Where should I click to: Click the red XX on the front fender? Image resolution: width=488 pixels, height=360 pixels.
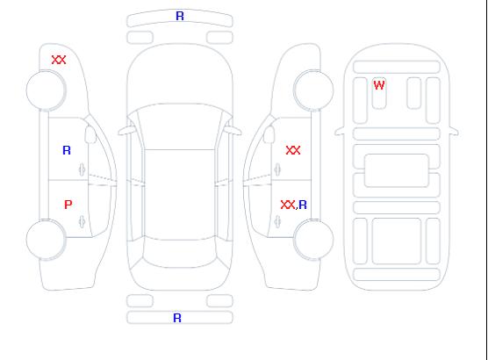click(59, 60)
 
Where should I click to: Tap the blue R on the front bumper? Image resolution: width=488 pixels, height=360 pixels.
click(180, 16)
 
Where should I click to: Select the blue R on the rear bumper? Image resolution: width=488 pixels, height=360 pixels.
click(177, 318)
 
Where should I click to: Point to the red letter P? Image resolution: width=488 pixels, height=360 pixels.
click(68, 205)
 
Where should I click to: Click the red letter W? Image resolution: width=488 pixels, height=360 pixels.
click(379, 85)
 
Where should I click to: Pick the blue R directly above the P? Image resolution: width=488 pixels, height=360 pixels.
click(67, 150)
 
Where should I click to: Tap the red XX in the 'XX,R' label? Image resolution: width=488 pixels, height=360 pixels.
click(288, 205)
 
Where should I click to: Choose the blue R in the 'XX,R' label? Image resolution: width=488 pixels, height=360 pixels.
click(303, 205)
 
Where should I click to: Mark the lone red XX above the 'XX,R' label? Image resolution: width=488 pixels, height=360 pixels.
click(293, 150)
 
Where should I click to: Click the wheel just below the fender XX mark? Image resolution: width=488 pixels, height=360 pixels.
click(46, 90)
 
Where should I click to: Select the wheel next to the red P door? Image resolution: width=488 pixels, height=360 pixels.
click(46, 240)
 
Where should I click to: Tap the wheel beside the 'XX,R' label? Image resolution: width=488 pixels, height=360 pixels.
click(313, 240)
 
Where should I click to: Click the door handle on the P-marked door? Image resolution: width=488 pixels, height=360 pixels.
click(82, 222)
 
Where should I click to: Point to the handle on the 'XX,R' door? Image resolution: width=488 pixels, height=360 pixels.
click(277, 222)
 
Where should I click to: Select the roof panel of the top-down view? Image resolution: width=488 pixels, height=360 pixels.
click(180, 195)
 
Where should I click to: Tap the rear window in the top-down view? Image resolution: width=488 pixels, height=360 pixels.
click(180, 253)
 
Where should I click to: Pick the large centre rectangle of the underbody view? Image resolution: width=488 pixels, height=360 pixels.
click(397, 170)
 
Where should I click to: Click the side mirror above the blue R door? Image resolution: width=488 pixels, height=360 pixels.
click(90, 134)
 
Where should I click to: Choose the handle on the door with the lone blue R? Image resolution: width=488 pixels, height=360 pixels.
click(82, 169)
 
